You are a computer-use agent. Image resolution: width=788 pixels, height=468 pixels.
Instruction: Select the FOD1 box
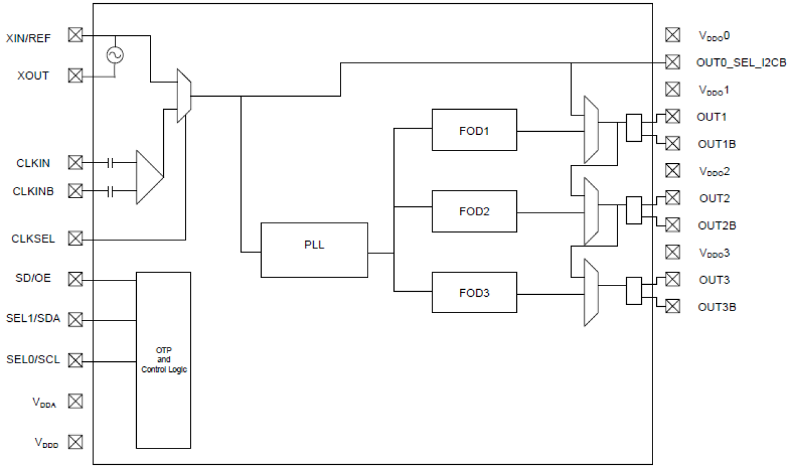pos(474,130)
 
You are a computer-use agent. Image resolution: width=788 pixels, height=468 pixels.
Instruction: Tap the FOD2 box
pos(474,211)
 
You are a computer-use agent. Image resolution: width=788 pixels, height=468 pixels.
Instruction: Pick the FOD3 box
pos(474,292)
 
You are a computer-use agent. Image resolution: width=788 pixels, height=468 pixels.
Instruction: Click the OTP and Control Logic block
pos(164,360)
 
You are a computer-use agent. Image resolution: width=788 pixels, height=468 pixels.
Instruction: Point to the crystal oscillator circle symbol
pos(115,56)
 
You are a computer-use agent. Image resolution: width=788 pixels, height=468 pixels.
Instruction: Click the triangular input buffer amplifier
pos(149,177)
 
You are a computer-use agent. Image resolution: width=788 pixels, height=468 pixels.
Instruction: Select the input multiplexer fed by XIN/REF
pos(183,95)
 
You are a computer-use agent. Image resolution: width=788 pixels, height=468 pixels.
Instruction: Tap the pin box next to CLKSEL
pos(75,239)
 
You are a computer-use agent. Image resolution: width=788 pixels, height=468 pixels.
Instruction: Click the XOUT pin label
pos(33,76)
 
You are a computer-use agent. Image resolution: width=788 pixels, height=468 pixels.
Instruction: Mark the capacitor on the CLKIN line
pos(111,164)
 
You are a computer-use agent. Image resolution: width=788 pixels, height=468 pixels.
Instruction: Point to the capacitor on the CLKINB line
pos(111,190)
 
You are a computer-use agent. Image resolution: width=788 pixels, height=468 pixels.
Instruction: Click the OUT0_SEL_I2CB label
pos(740,62)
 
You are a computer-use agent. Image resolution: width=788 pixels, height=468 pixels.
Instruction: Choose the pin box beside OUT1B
pos(672,144)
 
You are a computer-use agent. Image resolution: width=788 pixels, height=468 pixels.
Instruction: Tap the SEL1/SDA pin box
pos(75,320)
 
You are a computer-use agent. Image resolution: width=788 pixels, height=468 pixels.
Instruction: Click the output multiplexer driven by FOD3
pos(590,292)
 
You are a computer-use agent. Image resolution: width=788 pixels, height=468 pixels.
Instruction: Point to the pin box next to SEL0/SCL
pos(75,360)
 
